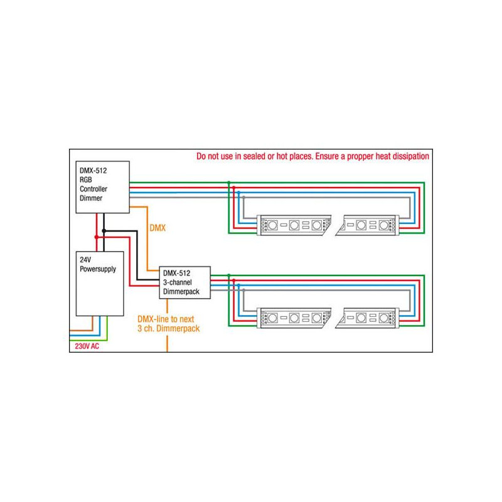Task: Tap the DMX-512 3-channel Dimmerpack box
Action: point(185,282)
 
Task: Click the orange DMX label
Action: point(157,228)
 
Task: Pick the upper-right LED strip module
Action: point(366,225)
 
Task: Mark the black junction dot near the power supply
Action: point(104,231)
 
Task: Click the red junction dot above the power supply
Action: point(96,237)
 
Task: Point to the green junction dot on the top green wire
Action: point(229,182)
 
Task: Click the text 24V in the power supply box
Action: point(84,259)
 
